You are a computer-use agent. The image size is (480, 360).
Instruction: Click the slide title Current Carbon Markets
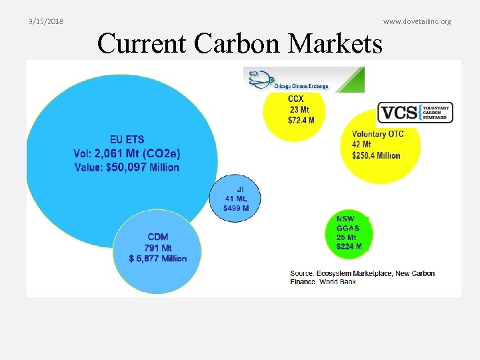point(240,43)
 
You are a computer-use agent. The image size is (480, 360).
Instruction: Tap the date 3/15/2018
point(46,21)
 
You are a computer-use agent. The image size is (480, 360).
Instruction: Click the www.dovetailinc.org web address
point(417,21)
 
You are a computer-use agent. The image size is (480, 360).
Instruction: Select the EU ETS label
point(127,140)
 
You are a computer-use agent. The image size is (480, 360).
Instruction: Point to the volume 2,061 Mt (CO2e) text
point(127,153)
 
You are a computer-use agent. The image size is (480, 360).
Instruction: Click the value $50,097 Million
point(127,167)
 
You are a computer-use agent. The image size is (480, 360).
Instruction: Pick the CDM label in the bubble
point(158,237)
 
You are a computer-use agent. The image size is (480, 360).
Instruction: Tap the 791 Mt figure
point(158,247)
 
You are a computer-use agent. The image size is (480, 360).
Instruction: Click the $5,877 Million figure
point(158,259)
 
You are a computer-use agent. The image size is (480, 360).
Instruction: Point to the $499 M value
point(236,208)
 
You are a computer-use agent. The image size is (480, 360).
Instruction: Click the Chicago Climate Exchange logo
point(303,79)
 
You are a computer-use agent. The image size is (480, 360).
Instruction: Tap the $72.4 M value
point(301,120)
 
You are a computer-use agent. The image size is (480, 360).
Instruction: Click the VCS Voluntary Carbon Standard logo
point(415,112)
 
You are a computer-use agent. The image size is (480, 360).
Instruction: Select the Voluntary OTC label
point(377,134)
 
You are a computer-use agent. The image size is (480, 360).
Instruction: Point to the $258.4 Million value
point(376,155)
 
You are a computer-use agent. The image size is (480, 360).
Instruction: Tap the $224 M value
point(349,246)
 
